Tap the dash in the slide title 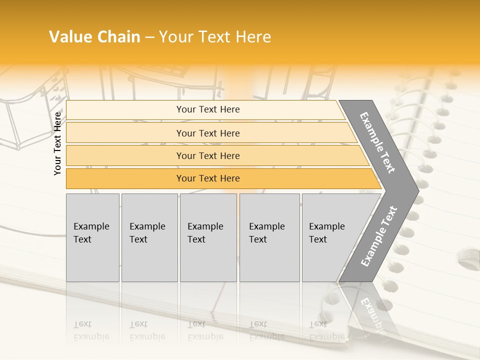tap(149, 37)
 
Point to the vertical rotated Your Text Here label tap(57, 143)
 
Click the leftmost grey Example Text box tap(92, 237)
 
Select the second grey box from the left tap(149, 237)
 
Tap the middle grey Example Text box tap(208, 237)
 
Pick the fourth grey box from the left tap(269, 237)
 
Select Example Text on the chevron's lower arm tap(379, 236)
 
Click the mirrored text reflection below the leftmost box tap(91, 331)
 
